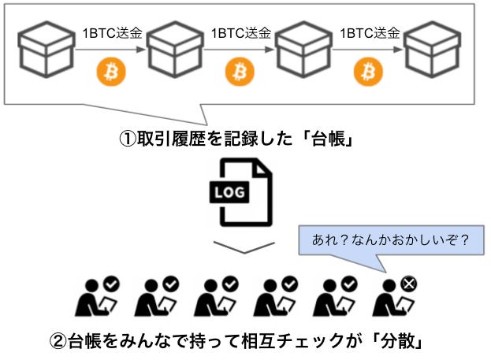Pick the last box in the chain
432,49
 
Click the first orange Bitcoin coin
110,72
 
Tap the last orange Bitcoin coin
367,72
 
